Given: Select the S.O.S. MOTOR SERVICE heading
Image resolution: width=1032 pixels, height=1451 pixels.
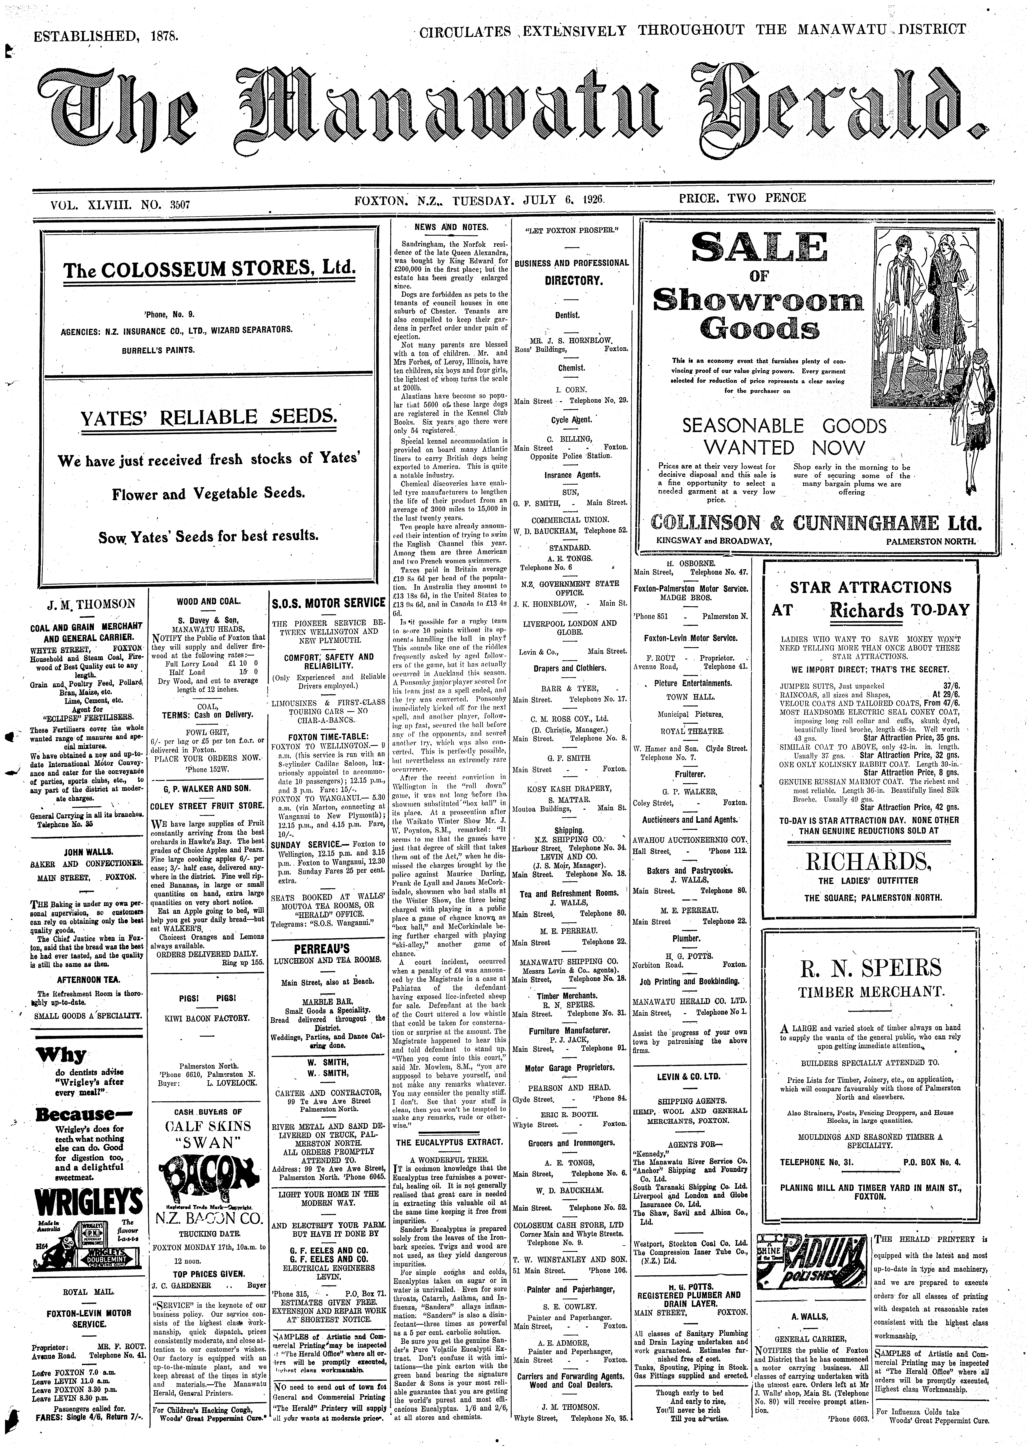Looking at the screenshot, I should point(329,603).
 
